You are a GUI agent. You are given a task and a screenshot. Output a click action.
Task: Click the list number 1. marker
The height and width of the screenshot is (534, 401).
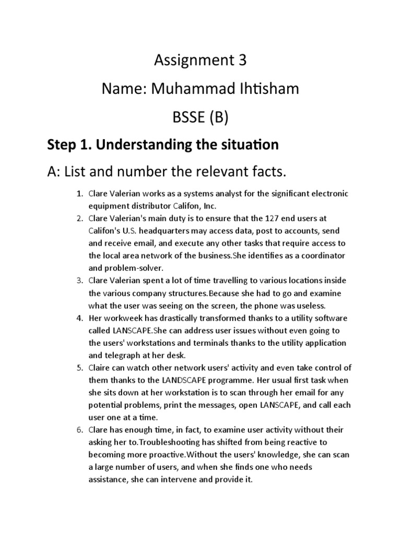[x=80, y=194]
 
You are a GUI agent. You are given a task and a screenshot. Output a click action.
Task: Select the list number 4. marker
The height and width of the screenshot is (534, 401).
[x=80, y=318]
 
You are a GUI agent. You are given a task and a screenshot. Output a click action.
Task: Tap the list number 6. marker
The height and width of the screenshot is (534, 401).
[x=80, y=430]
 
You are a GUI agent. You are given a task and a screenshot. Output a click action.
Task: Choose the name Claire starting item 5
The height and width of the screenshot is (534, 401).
[x=100, y=368]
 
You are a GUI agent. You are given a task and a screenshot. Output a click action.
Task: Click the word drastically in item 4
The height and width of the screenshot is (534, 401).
[x=176, y=318]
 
